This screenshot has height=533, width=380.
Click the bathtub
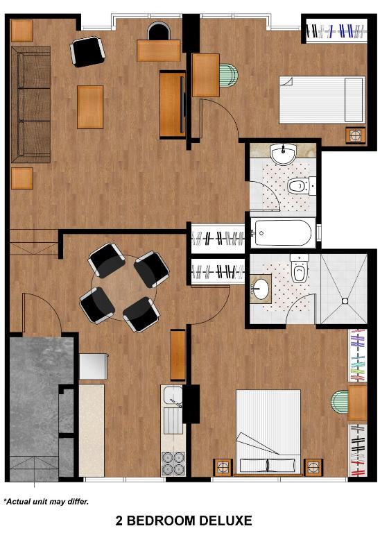(283, 233)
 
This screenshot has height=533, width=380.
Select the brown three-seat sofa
(31, 104)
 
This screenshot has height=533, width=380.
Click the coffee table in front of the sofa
(90, 107)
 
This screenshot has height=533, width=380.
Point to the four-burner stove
(173, 463)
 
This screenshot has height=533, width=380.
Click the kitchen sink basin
(172, 395)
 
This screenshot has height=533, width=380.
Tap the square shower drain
(345, 301)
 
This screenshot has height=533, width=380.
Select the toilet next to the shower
(300, 269)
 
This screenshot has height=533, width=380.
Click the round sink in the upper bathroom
(284, 155)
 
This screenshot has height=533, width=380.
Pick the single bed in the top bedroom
(322, 100)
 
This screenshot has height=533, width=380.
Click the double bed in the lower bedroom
(268, 432)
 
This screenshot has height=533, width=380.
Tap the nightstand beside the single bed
(356, 135)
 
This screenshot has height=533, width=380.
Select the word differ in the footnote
(78, 501)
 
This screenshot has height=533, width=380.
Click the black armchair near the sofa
(87, 51)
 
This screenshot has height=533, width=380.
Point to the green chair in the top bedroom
(229, 75)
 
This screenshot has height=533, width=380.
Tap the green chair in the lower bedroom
(340, 402)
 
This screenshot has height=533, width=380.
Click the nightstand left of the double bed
(223, 467)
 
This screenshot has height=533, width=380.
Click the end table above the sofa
(21, 31)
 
